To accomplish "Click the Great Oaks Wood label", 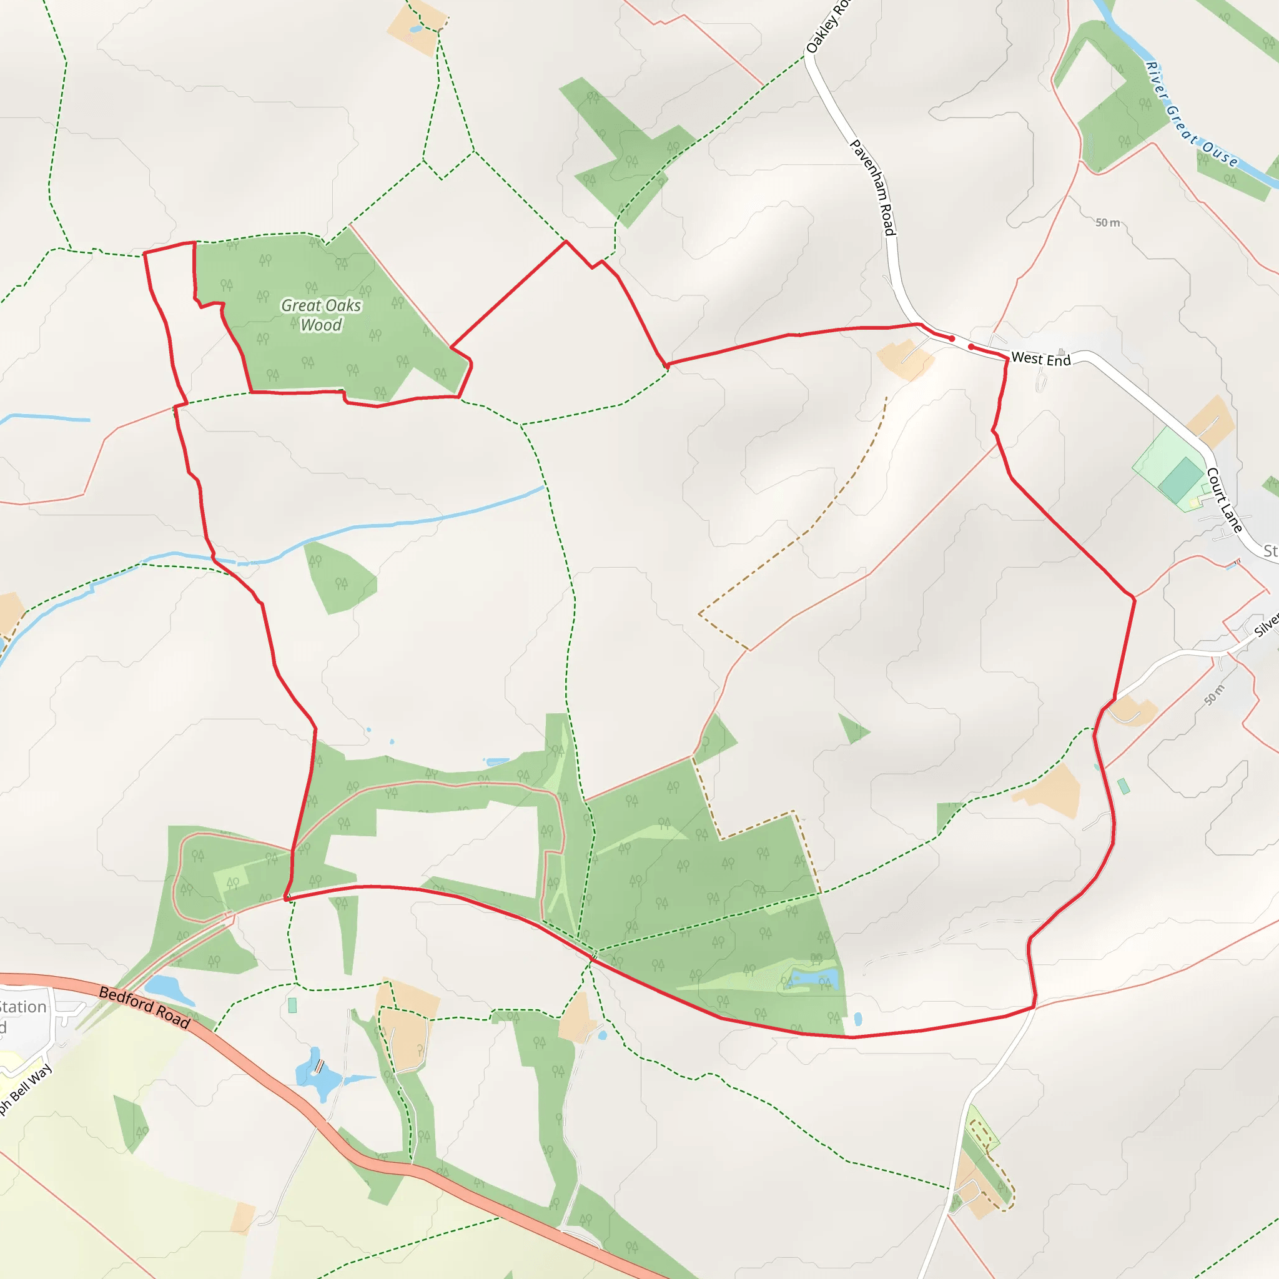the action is click(321, 315).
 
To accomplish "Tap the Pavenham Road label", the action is click(873, 187).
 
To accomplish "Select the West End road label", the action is click(1040, 359).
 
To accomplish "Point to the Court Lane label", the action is click(1224, 500).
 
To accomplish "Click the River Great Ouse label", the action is click(1192, 114).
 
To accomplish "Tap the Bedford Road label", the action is click(144, 1007).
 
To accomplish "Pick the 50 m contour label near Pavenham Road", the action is click(1107, 222).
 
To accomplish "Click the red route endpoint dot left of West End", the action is click(952, 338).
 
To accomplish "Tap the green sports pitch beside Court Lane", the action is click(1180, 478).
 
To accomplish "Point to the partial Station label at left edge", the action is click(23, 1007).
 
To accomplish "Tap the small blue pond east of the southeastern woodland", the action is click(858, 1017).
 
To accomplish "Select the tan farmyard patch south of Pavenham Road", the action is click(905, 360).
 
